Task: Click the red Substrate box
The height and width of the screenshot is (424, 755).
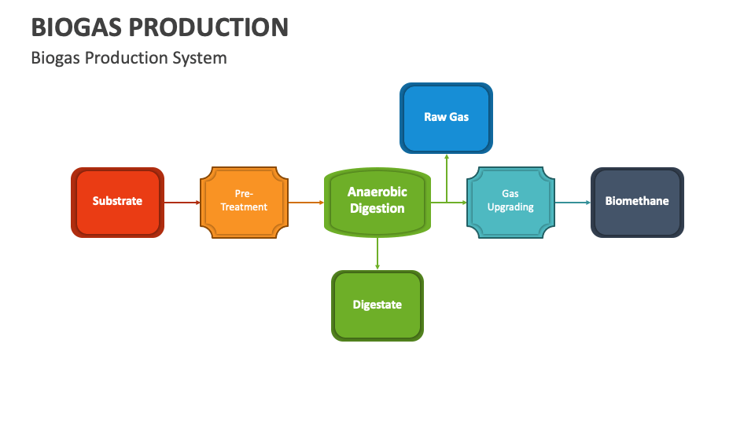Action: click(117, 202)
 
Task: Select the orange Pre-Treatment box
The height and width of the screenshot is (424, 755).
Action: click(244, 202)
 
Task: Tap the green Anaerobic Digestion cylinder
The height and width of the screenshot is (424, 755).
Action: click(377, 202)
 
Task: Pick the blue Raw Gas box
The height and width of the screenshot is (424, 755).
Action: click(446, 118)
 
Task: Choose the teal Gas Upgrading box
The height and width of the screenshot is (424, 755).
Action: click(510, 202)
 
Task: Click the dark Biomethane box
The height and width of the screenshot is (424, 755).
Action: click(637, 202)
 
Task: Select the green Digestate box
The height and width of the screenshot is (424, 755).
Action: click(377, 305)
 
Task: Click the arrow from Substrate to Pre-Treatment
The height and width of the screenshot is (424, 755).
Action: click(182, 203)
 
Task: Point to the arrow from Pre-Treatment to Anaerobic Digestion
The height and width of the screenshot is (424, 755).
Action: click(305, 203)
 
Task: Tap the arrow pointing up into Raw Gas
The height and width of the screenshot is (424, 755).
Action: click(447, 177)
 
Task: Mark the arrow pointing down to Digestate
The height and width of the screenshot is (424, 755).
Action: click(377, 253)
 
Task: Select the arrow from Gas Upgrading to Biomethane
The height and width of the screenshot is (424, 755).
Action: click(573, 203)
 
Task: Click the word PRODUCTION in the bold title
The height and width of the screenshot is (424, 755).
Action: click(208, 27)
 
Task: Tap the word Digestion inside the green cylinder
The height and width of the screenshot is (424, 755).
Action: click(377, 209)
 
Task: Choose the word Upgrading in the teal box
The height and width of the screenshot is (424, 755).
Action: click(510, 207)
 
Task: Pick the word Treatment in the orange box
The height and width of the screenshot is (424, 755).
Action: click(244, 207)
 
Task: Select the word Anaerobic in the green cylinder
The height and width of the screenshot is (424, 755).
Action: click(377, 192)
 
